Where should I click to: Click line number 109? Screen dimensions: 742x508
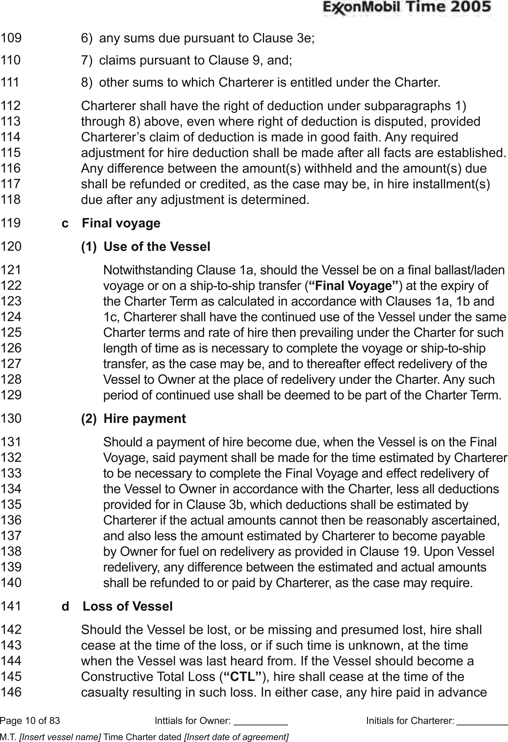(x=11, y=38)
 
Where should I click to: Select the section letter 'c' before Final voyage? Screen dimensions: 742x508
(x=65, y=223)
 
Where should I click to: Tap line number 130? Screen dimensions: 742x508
(x=11, y=418)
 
